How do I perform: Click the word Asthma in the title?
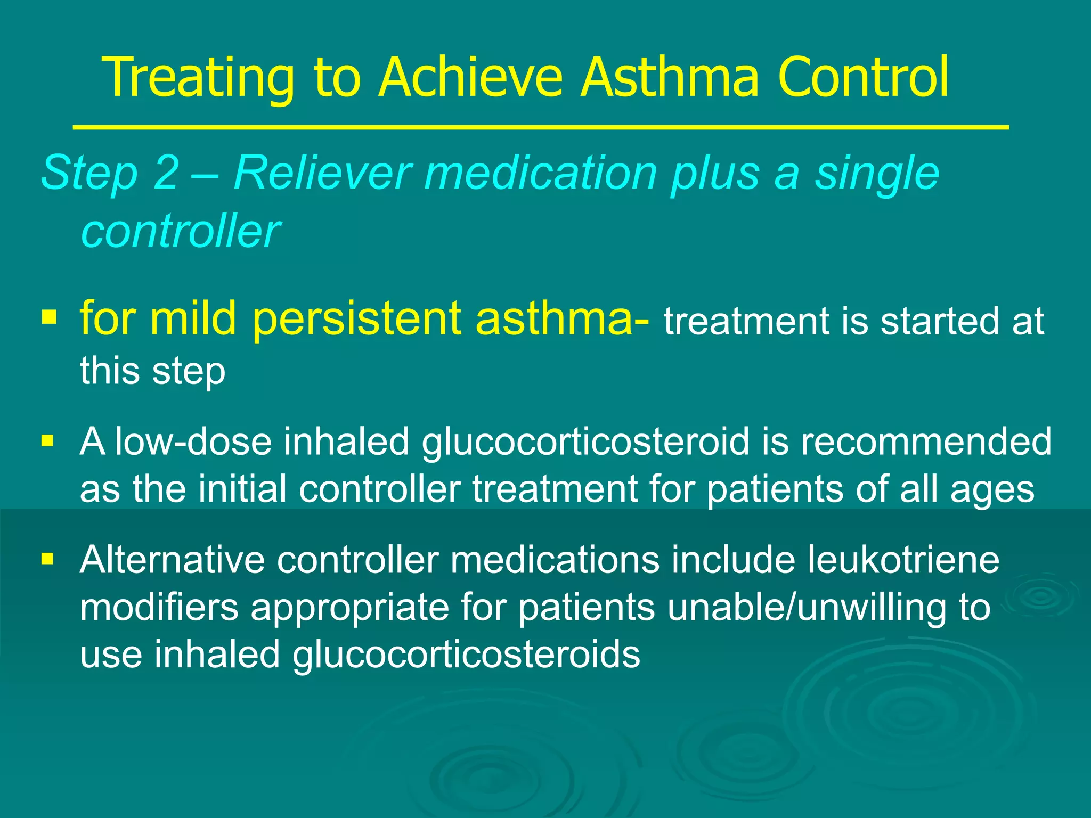pos(669,78)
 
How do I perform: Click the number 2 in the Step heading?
pos(166,173)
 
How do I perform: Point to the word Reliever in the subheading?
pos(323,173)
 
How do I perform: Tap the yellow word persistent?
pos(356,318)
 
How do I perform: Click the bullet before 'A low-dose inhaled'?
pos(48,441)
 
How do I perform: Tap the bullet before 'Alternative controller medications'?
pos(48,559)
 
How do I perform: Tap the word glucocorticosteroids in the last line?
pos(466,655)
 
